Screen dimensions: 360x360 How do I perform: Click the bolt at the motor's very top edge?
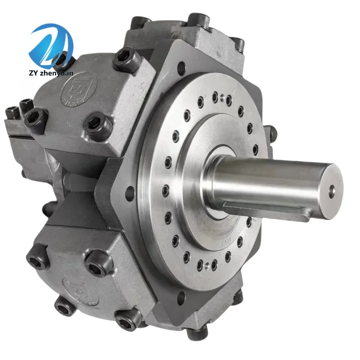(x=198, y=20)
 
